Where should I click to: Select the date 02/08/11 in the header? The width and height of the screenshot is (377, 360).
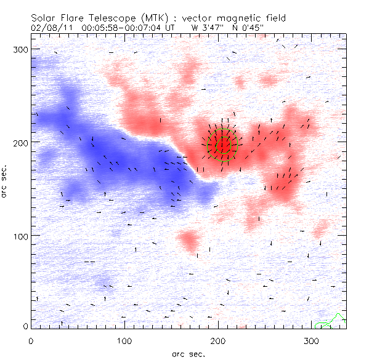(47, 27)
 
